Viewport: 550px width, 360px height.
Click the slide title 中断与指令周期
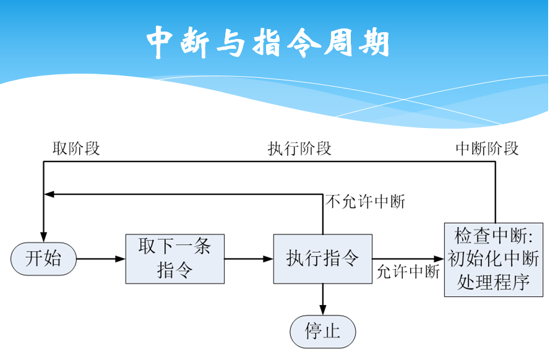coord(269,42)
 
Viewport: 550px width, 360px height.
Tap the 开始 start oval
coord(43,259)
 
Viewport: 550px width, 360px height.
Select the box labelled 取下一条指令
coord(175,259)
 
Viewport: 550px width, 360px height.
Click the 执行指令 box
coord(322,259)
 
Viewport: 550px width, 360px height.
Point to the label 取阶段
coord(76,148)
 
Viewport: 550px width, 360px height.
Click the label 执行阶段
coord(299,148)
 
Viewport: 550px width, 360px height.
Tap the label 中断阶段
coord(487,148)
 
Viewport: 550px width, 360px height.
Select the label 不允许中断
coord(365,202)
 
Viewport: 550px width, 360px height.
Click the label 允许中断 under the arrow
coord(408,272)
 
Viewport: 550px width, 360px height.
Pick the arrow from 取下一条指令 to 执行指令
coord(249,259)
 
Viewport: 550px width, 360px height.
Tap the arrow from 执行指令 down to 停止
coord(322,299)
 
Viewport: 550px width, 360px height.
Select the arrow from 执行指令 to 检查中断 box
coord(408,259)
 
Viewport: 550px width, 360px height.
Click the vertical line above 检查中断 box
coord(496,192)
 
